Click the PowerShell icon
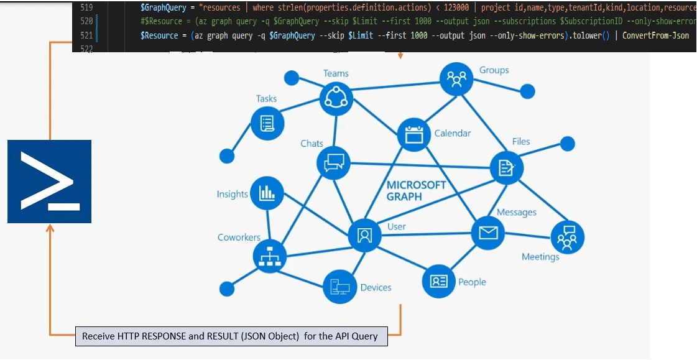click(49, 181)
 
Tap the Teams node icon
click(336, 98)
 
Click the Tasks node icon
click(267, 122)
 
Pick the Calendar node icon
click(413, 134)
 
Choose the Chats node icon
click(334, 164)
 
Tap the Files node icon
click(506, 167)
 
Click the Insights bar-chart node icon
click(267, 193)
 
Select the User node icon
click(364, 235)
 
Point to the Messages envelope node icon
click(488, 233)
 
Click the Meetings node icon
click(567, 237)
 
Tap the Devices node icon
click(339, 287)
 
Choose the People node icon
click(439, 280)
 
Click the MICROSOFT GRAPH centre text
click(416, 190)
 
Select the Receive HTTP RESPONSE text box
click(231, 336)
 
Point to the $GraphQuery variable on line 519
click(164, 8)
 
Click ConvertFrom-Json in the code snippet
click(655, 35)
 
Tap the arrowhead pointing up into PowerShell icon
click(50, 229)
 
